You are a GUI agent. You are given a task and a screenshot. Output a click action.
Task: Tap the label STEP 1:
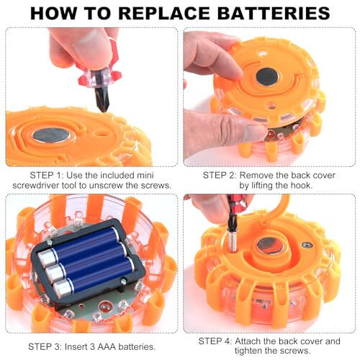tap(33, 174)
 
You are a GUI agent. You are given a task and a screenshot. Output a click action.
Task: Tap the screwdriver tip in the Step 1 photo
tap(104, 103)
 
